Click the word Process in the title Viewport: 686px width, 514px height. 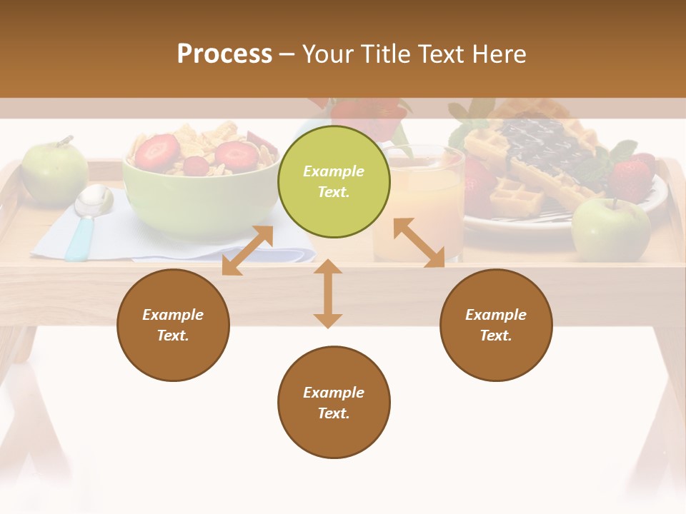coord(224,54)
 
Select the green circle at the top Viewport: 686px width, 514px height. coord(334,181)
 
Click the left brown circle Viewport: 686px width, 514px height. coord(173,325)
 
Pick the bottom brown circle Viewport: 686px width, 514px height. coord(334,402)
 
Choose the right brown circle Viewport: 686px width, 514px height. coord(496,325)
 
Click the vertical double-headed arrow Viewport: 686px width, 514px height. coord(328,293)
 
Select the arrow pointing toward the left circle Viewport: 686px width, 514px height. coord(247,251)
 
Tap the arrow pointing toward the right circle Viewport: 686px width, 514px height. coord(419,243)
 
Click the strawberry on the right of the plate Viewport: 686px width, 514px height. coord(632,178)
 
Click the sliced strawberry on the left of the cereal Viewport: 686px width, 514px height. coord(156,151)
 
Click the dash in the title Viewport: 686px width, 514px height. coord(287,54)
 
